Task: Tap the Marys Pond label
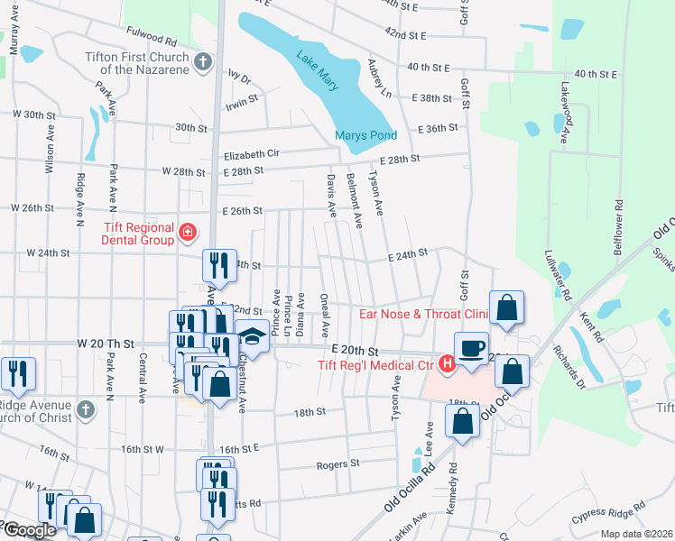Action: coord(361,136)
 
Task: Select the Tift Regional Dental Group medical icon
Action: coord(188,234)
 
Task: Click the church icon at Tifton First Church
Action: coord(204,62)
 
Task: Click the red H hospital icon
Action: coord(445,364)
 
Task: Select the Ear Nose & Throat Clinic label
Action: coord(423,314)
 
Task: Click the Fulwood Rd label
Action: coord(152,40)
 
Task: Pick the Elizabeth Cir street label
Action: coord(252,154)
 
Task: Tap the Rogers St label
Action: coord(338,464)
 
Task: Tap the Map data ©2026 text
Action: coord(636,534)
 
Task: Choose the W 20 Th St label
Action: coord(106,344)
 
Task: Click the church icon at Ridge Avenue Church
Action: coord(85,408)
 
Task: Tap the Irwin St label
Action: coord(243,104)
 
